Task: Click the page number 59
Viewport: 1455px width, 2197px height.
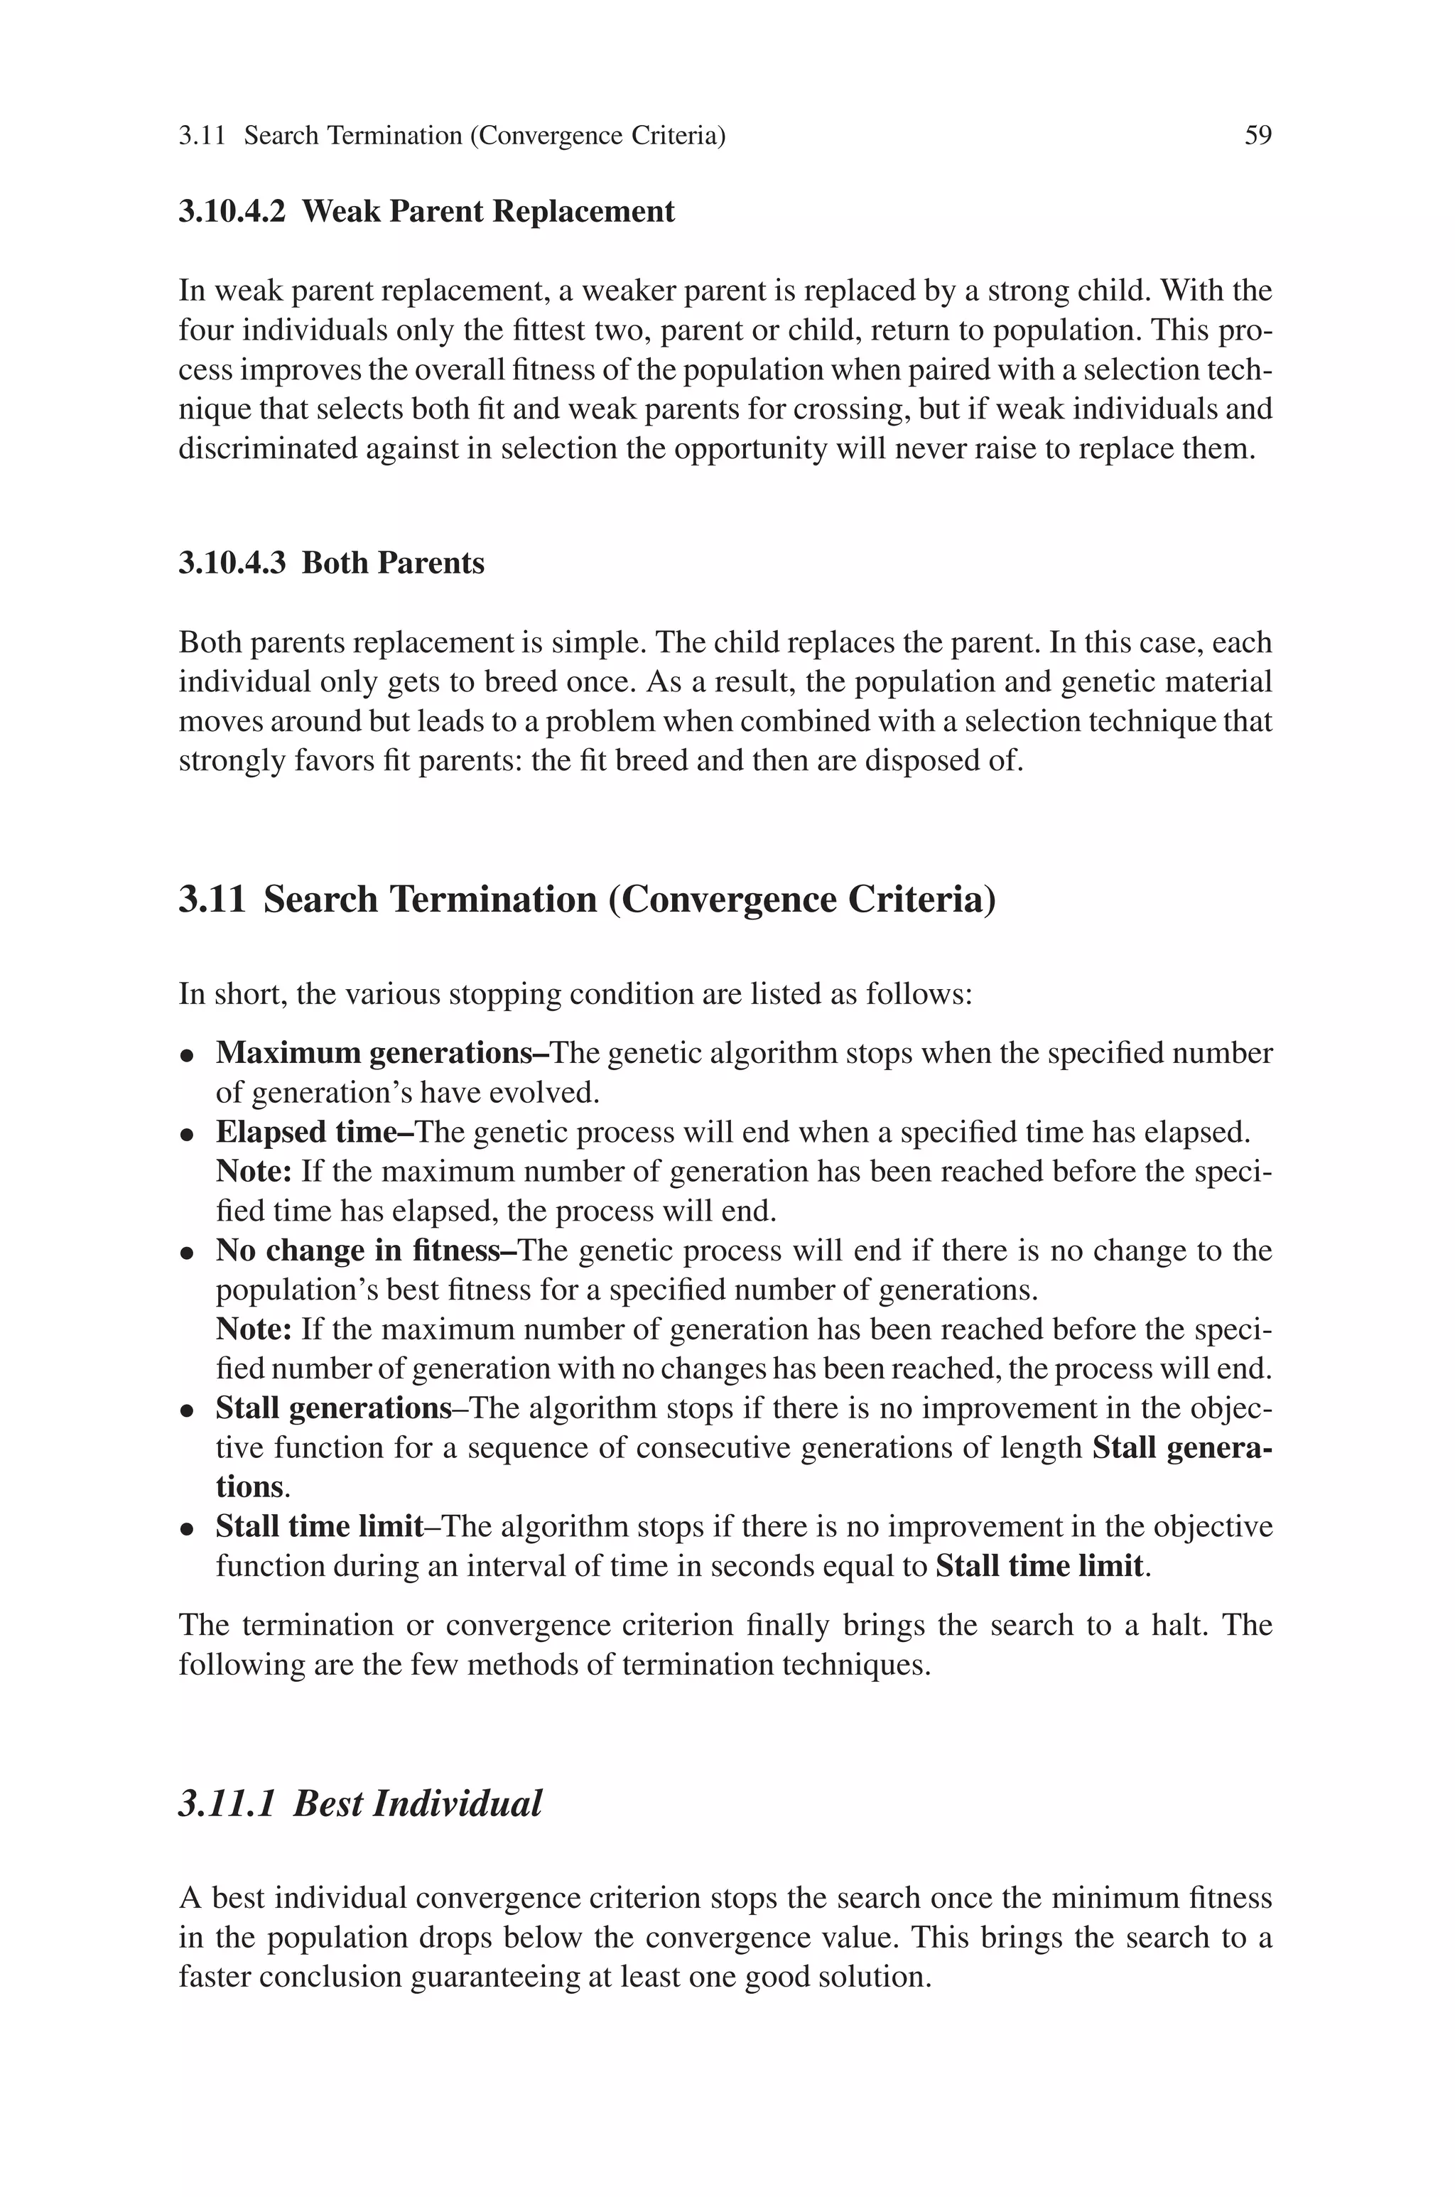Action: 1257,136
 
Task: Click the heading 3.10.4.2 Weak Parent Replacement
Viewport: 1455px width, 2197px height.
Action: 426,212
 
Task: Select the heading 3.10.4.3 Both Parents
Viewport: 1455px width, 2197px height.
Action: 331,563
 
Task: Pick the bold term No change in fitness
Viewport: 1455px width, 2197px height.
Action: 357,1251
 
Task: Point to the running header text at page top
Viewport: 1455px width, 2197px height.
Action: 452,136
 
